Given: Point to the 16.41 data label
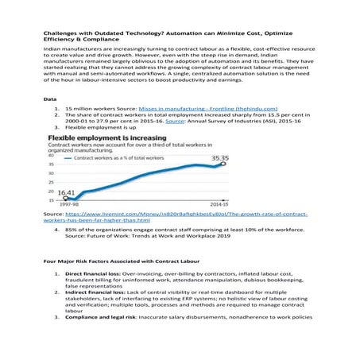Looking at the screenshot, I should (x=65, y=192).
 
